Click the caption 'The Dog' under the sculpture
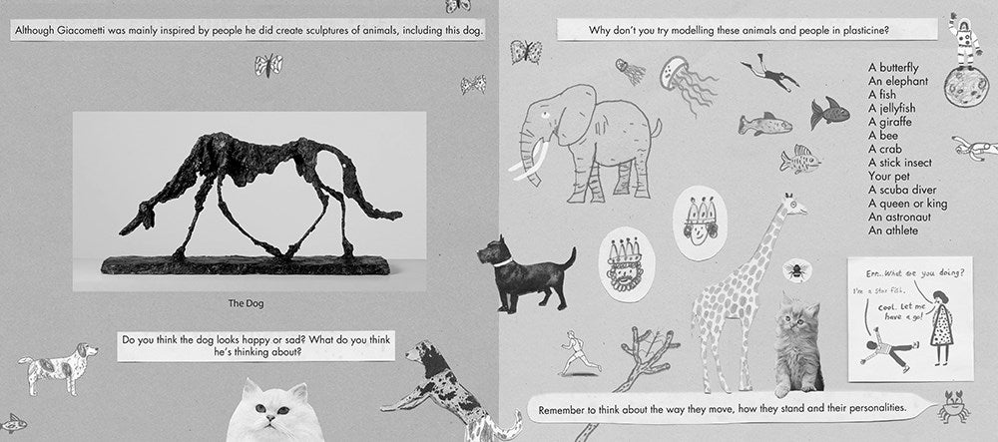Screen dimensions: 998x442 coord(246,303)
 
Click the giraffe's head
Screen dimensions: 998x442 coord(793,206)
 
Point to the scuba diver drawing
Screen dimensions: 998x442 coord(769,73)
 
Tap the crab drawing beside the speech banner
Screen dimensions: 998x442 coord(953,408)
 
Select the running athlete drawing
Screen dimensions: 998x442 coord(579,353)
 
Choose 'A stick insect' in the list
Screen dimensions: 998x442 coord(900,163)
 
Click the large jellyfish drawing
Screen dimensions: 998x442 coord(687,84)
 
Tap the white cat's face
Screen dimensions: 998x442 coord(268,414)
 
